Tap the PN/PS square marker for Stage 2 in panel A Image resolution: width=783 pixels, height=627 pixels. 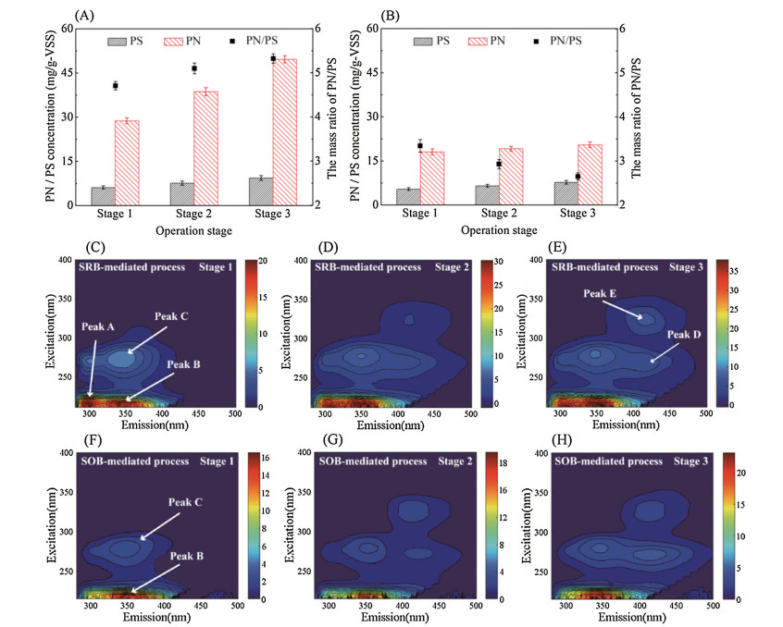click(x=194, y=68)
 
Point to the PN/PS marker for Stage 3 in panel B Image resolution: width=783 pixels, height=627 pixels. click(x=578, y=177)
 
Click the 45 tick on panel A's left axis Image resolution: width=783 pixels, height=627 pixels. click(x=68, y=72)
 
